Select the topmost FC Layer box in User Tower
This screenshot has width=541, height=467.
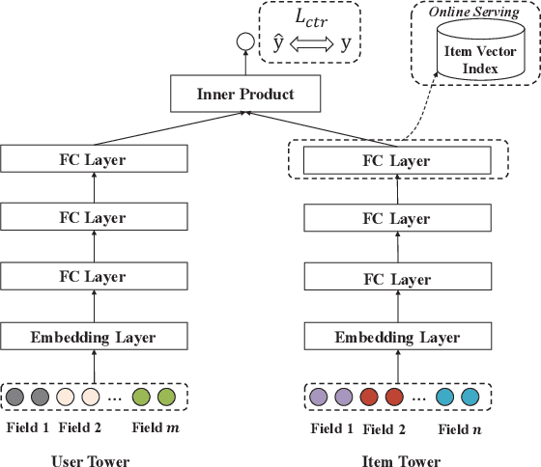[92, 158]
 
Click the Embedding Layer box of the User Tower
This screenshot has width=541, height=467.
[92, 337]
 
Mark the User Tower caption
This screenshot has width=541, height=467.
[90, 461]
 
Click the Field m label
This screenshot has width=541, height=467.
[156, 427]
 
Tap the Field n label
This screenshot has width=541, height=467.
[459, 428]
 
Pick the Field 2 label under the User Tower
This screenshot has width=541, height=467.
[81, 427]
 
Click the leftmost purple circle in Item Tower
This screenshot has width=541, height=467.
[319, 397]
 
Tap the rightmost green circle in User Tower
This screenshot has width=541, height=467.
[166, 396]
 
